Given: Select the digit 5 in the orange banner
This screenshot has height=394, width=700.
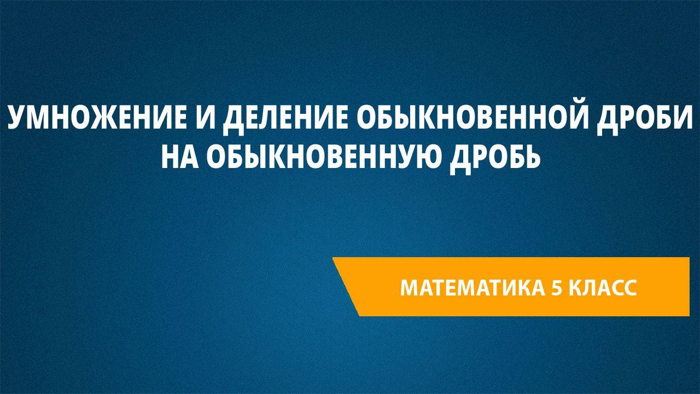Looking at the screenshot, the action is (556, 288).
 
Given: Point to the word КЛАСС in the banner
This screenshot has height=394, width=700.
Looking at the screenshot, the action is (603, 288).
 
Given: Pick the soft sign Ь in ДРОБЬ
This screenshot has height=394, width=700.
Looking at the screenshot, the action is (531, 157).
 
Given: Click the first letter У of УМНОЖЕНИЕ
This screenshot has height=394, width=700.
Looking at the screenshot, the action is (16, 118).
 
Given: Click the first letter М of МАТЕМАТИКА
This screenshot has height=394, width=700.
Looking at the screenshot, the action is (410, 288).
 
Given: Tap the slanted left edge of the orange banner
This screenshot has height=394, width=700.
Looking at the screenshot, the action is (346, 287).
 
